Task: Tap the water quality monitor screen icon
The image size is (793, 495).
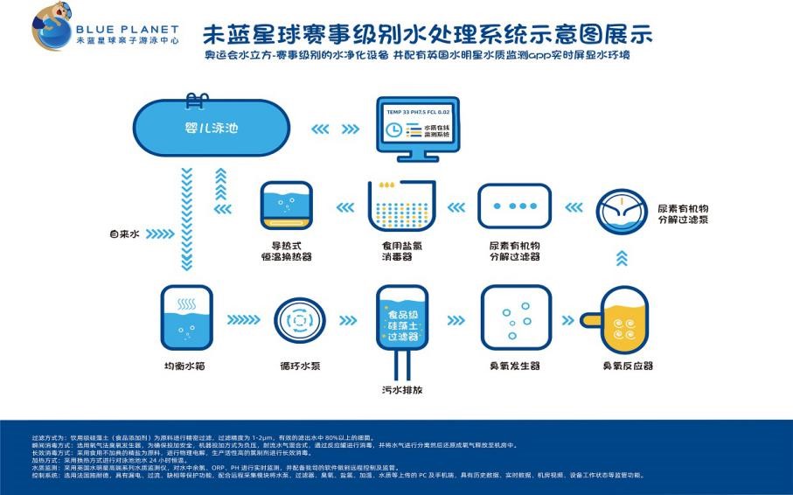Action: [x=418, y=129]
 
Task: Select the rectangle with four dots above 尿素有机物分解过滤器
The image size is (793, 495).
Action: [x=513, y=206]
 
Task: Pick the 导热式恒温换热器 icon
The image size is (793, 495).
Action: [x=288, y=207]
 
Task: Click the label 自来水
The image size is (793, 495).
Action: [x=125, y=234]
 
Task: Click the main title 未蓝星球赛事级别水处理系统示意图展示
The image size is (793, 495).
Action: [x=427, y=34]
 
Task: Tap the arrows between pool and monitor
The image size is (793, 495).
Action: [x=333, y=129]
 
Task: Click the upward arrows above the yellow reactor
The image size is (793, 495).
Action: [x=622, y=257]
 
